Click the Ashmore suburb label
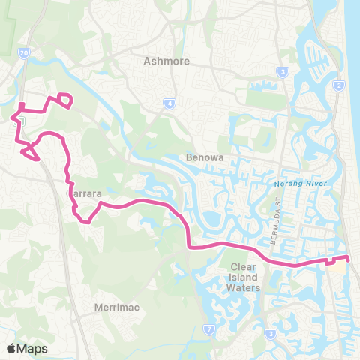tap(166, 61)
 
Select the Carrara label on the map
tap(84, 193)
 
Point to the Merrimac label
tap(114, 307)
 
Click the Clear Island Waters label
tap(244, 277)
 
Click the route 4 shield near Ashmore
tap(171, 103)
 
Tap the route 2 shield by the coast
tap(339, 85)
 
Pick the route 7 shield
tap(208, 328)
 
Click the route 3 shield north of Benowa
tap(283, 72)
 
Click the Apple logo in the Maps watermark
tap(12, 348)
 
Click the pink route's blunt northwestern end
tap(22, 104)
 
